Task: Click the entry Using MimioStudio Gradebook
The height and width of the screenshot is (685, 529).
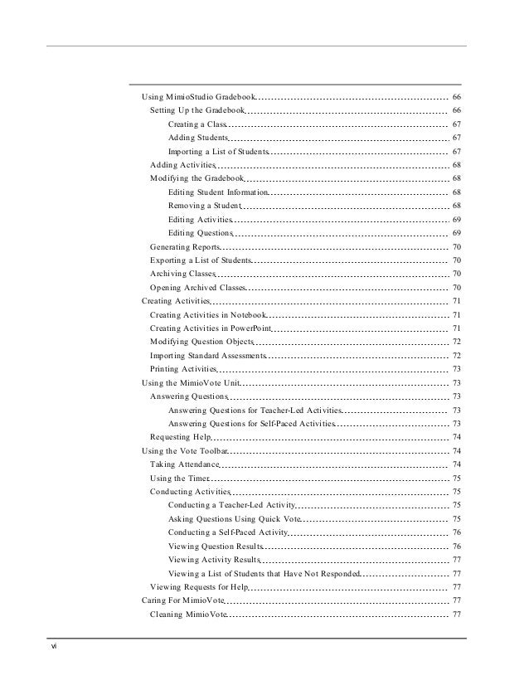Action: tap(199, 98)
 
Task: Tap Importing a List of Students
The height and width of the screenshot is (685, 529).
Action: tap(218, 152)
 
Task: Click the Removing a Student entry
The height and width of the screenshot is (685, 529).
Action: tap(204, 206)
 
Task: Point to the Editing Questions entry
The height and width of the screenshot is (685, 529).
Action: tap(201, 233)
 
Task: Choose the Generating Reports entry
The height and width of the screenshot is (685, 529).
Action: tap(185, 247)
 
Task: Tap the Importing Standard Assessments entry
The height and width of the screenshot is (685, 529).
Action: tap(208, 355)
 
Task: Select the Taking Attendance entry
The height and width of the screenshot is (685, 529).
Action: tap(184, 464)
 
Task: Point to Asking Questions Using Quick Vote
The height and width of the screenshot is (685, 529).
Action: tap(234, 518)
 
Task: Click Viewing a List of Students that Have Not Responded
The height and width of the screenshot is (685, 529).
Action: tap(264, 573)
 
